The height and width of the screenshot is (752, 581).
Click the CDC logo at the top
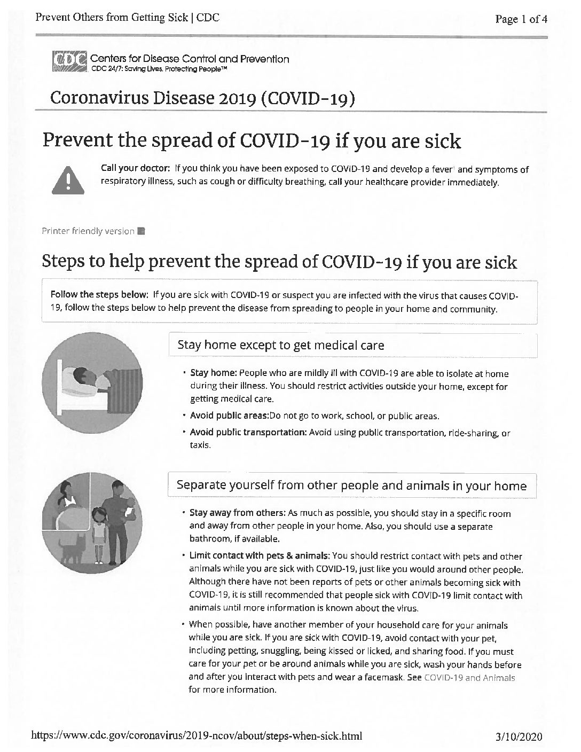[70, 62]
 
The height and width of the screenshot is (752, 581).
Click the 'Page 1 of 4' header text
[521, 19]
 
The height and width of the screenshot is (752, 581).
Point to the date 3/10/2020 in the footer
[519, 737]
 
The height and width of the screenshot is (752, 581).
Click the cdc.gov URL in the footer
[197, 737]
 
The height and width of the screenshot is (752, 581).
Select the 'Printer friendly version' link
[88, 231]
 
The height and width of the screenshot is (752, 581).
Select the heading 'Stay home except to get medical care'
[280, 345]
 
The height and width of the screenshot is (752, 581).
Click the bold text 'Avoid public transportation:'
[248, 433]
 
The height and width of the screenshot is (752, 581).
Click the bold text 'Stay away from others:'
[238, 513]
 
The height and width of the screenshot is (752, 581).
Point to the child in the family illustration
[99, 534]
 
